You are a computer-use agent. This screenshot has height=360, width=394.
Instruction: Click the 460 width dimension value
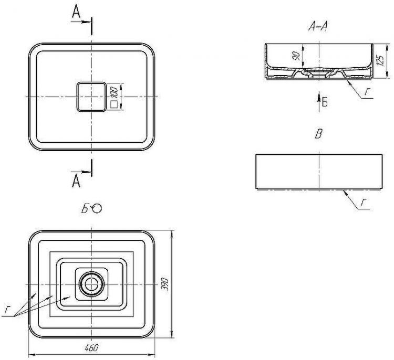[x=92, y=348]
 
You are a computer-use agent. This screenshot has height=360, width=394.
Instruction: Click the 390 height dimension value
[x=164, y=284]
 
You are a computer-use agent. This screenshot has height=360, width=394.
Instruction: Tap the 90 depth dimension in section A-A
[x=296, y=56]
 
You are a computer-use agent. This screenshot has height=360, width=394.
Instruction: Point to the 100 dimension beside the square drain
[x=114, y=92]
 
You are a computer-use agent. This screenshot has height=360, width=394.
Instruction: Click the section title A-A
[x=318, y=26]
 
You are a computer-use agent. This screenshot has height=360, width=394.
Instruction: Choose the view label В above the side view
[x=318, y=134]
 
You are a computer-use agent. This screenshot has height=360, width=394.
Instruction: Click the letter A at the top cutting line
[x=76, y=12]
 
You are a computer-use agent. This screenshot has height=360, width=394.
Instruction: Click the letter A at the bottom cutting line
[x=76, y=181]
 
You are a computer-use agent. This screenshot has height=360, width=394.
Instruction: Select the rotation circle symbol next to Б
[x=97, y=208]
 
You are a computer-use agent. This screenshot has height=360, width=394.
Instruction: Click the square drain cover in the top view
[x=91, y=97]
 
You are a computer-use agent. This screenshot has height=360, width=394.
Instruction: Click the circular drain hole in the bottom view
[x=91, y=284]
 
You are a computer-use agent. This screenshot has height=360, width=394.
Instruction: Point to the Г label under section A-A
[x=368, y=92]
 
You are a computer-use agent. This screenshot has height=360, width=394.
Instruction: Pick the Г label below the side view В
[x=364, y=203]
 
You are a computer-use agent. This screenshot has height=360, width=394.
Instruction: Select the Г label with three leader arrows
[x=7, y=310]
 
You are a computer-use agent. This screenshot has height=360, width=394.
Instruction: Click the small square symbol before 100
[x=114, y=104]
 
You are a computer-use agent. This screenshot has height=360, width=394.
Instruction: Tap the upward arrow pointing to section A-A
[x=319, y=102]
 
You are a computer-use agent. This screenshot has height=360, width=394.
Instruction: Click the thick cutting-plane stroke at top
[x=92, y=26]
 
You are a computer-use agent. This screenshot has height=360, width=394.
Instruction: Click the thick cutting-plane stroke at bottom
[x=92, y=168]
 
